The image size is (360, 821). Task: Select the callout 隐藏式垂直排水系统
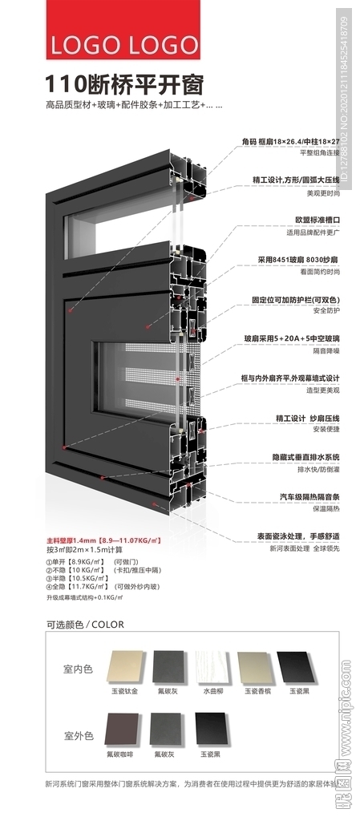298,456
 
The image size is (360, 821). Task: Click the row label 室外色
78,735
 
